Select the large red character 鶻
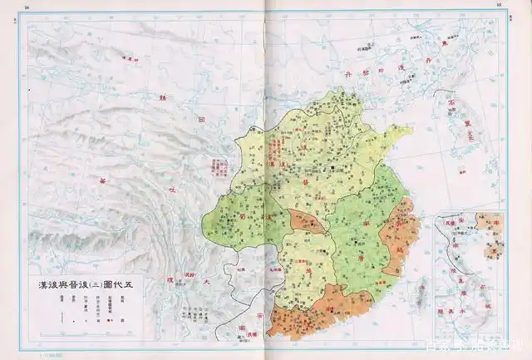[x=162, y=97]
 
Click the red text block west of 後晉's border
[x=222, y=166]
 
